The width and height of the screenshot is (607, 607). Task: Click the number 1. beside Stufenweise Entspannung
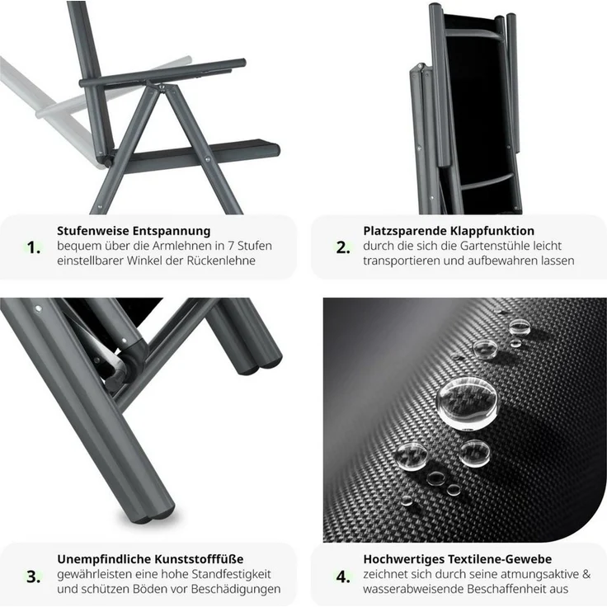click(x=34, y=247)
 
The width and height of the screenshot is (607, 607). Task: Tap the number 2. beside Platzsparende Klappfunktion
click(x=343, y=247)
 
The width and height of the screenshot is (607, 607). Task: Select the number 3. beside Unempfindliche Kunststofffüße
click(x=34, y=576)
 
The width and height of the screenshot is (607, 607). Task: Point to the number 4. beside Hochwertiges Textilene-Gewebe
click(x=343, y=576)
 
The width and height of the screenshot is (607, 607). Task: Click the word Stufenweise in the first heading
click(x=93, y=231)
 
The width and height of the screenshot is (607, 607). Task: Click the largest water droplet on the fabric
click(x=467, y=402)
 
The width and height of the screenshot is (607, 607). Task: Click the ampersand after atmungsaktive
click(x=586, y=575)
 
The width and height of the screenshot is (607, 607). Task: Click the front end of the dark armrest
click(x=242, y=63)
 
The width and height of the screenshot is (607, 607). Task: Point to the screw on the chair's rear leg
click(x=207, y=159)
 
